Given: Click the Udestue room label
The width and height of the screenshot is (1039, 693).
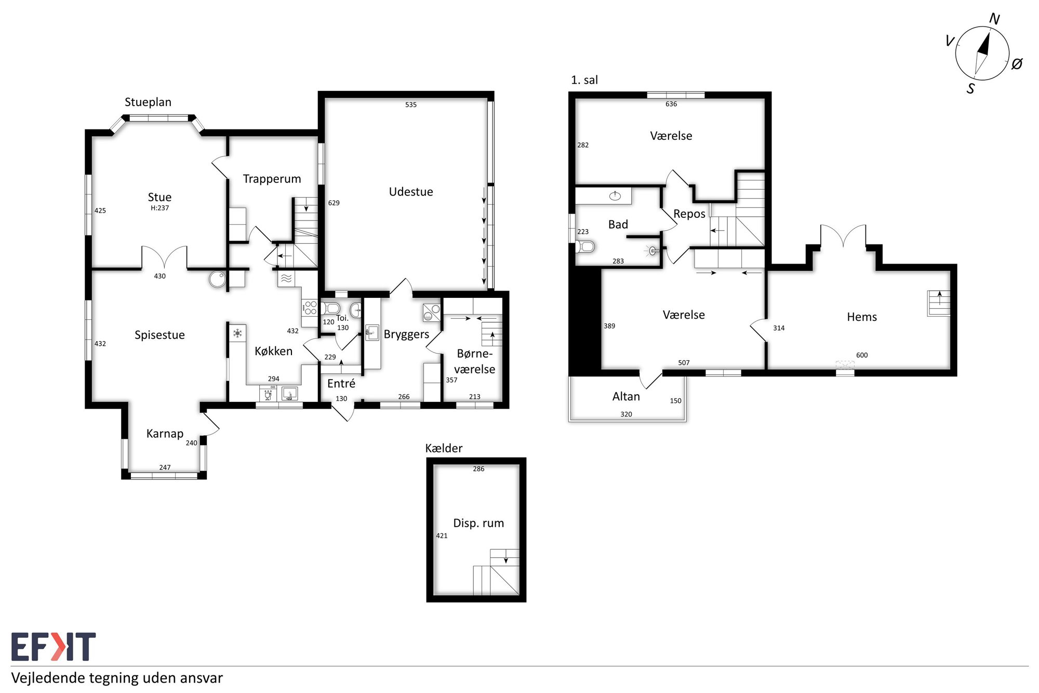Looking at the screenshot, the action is (411, 192).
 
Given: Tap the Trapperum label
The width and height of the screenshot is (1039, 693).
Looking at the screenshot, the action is (272, 179).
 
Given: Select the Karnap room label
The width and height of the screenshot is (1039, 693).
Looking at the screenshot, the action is (165, 434).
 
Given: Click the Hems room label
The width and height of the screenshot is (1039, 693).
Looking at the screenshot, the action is (862, 317).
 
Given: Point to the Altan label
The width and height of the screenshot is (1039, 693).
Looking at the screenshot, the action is (626, 397).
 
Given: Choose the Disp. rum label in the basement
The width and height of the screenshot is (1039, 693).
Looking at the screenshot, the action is (478, 523).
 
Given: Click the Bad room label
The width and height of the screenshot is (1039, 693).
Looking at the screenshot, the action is (618, 225).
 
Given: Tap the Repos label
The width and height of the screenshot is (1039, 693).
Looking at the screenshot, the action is (689, 214).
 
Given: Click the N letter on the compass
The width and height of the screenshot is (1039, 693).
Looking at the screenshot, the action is (994, 19).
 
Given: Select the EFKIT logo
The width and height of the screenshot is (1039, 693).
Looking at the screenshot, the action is (54, 647).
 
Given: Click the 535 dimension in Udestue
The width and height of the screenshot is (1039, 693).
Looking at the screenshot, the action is (411, 104).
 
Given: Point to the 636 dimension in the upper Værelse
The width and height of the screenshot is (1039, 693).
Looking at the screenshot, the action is (671, 104).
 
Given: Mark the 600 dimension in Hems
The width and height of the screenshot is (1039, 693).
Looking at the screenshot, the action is (862, 355).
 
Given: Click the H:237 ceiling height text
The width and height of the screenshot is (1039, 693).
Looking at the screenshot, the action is (160, 208).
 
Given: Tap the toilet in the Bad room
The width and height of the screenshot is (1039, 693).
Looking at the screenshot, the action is (585, 246).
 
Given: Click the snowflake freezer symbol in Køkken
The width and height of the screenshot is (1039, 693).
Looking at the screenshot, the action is (237, 333).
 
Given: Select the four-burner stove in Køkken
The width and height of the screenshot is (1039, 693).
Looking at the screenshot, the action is (310, 308).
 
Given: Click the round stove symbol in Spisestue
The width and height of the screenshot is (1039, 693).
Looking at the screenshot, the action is (217, 279).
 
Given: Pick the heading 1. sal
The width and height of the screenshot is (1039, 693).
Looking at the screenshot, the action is (584, 80).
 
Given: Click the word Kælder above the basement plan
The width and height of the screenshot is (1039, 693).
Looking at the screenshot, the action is (444, 448).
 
